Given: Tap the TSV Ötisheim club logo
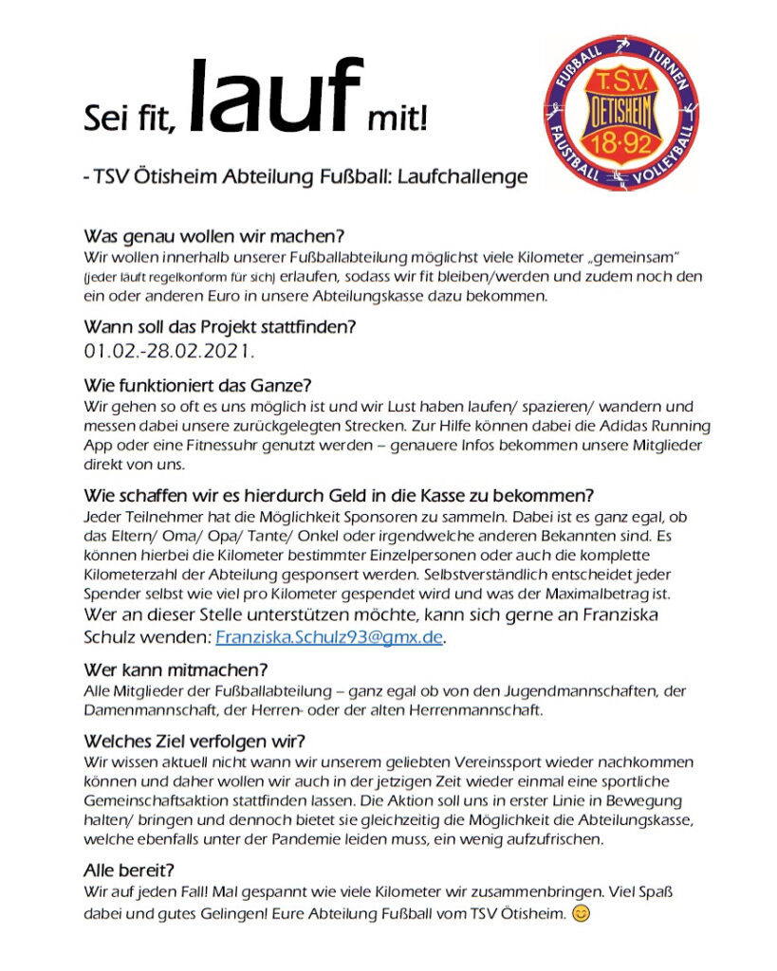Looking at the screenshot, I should pos(621,113).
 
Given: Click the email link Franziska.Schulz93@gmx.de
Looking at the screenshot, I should pos(329,637).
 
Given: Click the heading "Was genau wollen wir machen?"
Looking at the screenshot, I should pos(213,235).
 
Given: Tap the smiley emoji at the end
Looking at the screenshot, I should pos(583,914).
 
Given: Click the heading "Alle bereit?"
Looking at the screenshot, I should pos(129,870).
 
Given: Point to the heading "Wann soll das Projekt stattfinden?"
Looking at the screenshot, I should pos(220,328).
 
